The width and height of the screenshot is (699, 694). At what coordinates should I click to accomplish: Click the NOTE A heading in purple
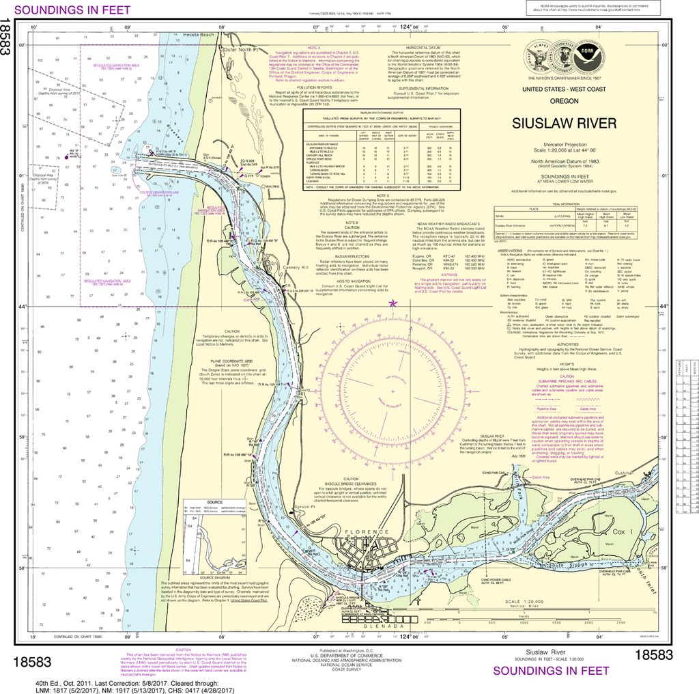(x=314, y=47)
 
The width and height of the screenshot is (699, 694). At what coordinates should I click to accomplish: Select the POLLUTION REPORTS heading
(x=313, y=88)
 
